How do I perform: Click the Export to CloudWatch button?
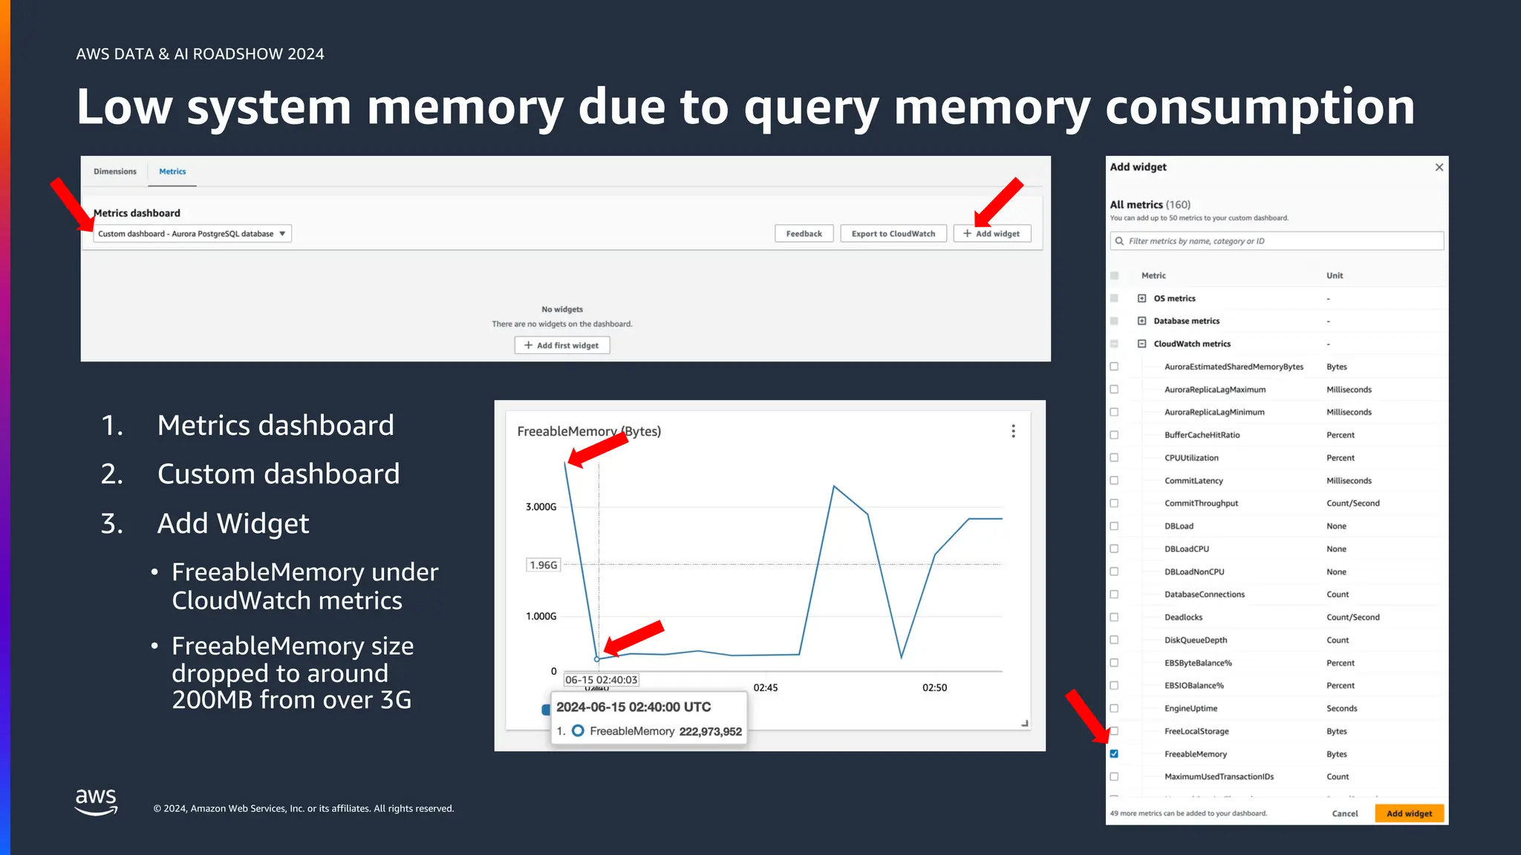[893, 234]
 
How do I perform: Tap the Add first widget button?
[561, 345]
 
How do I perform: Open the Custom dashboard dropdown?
[192, 234]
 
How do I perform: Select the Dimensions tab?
[115, 171]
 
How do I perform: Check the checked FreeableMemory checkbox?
[1114, 754]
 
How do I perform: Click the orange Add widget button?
[1409, 813]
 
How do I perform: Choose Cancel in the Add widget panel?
[1344, 813]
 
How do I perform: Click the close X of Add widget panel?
[1439, 167]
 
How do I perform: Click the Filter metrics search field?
[1277, 241]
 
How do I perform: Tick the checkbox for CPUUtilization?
[1114, 458]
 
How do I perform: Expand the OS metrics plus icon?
[1141, 298]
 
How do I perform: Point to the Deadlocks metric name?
[1183, 617]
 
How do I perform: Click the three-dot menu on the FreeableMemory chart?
[1013, 431]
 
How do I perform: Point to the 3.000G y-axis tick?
[541, 507]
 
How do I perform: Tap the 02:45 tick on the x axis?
[765, 688]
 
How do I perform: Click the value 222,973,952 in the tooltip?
[710, 732]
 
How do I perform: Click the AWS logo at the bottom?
[96, 802]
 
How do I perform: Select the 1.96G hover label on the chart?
[543, 565]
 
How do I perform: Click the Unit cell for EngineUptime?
[1341, 709]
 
